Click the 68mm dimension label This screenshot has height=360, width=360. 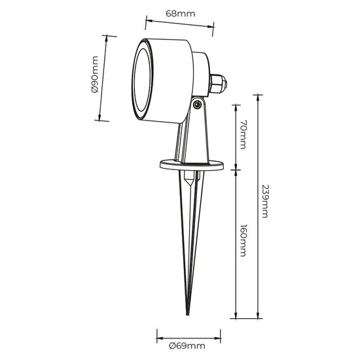tap(181, 14)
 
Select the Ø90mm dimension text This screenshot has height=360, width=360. tap(95, 74)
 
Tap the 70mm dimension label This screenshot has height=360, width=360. tap(243, 135)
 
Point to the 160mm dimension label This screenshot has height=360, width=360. tap(243, 240)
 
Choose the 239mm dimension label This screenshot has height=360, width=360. tap(265, 202)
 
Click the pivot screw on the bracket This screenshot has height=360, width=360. tap(197, 105)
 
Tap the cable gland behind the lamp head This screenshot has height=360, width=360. tap(218, 83)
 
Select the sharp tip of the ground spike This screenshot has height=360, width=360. tap(188, 314)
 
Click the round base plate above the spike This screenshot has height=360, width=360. tap(192, 166)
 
